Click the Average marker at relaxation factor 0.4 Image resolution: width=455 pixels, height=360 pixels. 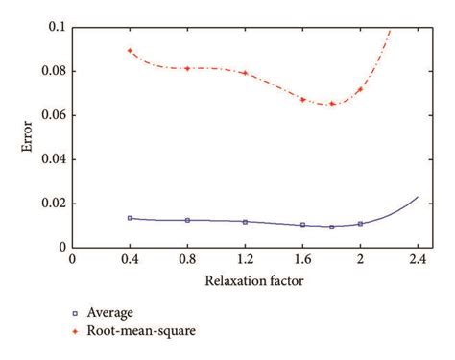coord(130,218)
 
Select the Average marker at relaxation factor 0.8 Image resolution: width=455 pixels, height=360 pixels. coord(187,220)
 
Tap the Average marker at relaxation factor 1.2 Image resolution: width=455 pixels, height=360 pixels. coord(245,222)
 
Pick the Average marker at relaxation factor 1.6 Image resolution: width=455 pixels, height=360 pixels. coord(302,225)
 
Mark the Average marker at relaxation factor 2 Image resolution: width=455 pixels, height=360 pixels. coord(360,224)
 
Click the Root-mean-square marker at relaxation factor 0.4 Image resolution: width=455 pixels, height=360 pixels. coord(130,51)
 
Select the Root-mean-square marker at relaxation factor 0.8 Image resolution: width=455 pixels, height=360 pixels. coord(187,68)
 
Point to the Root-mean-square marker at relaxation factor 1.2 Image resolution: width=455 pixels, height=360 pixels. coord(245,73)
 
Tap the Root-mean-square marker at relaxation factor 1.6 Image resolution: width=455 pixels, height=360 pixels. coord(302,99)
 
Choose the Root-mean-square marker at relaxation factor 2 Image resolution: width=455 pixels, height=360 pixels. coord(360,89)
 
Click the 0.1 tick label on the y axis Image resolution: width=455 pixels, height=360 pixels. coord(56,27)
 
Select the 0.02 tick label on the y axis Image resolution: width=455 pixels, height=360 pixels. coord(52,204)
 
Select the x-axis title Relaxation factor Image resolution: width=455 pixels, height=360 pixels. coord(245,281)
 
